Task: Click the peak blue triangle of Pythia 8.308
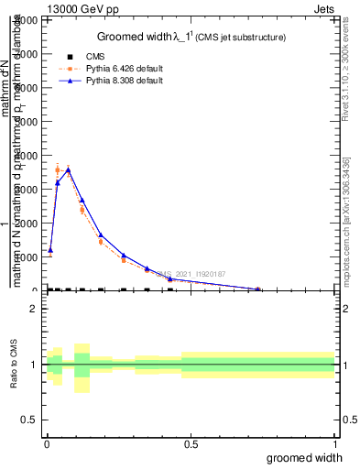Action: (x=68, y=169)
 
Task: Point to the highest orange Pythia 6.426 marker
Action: (x=58, y=169)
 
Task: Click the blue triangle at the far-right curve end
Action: (x=258, y=289)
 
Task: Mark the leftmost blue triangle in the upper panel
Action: (x=50, y=249)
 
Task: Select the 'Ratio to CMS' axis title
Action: (x=14, y=365)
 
